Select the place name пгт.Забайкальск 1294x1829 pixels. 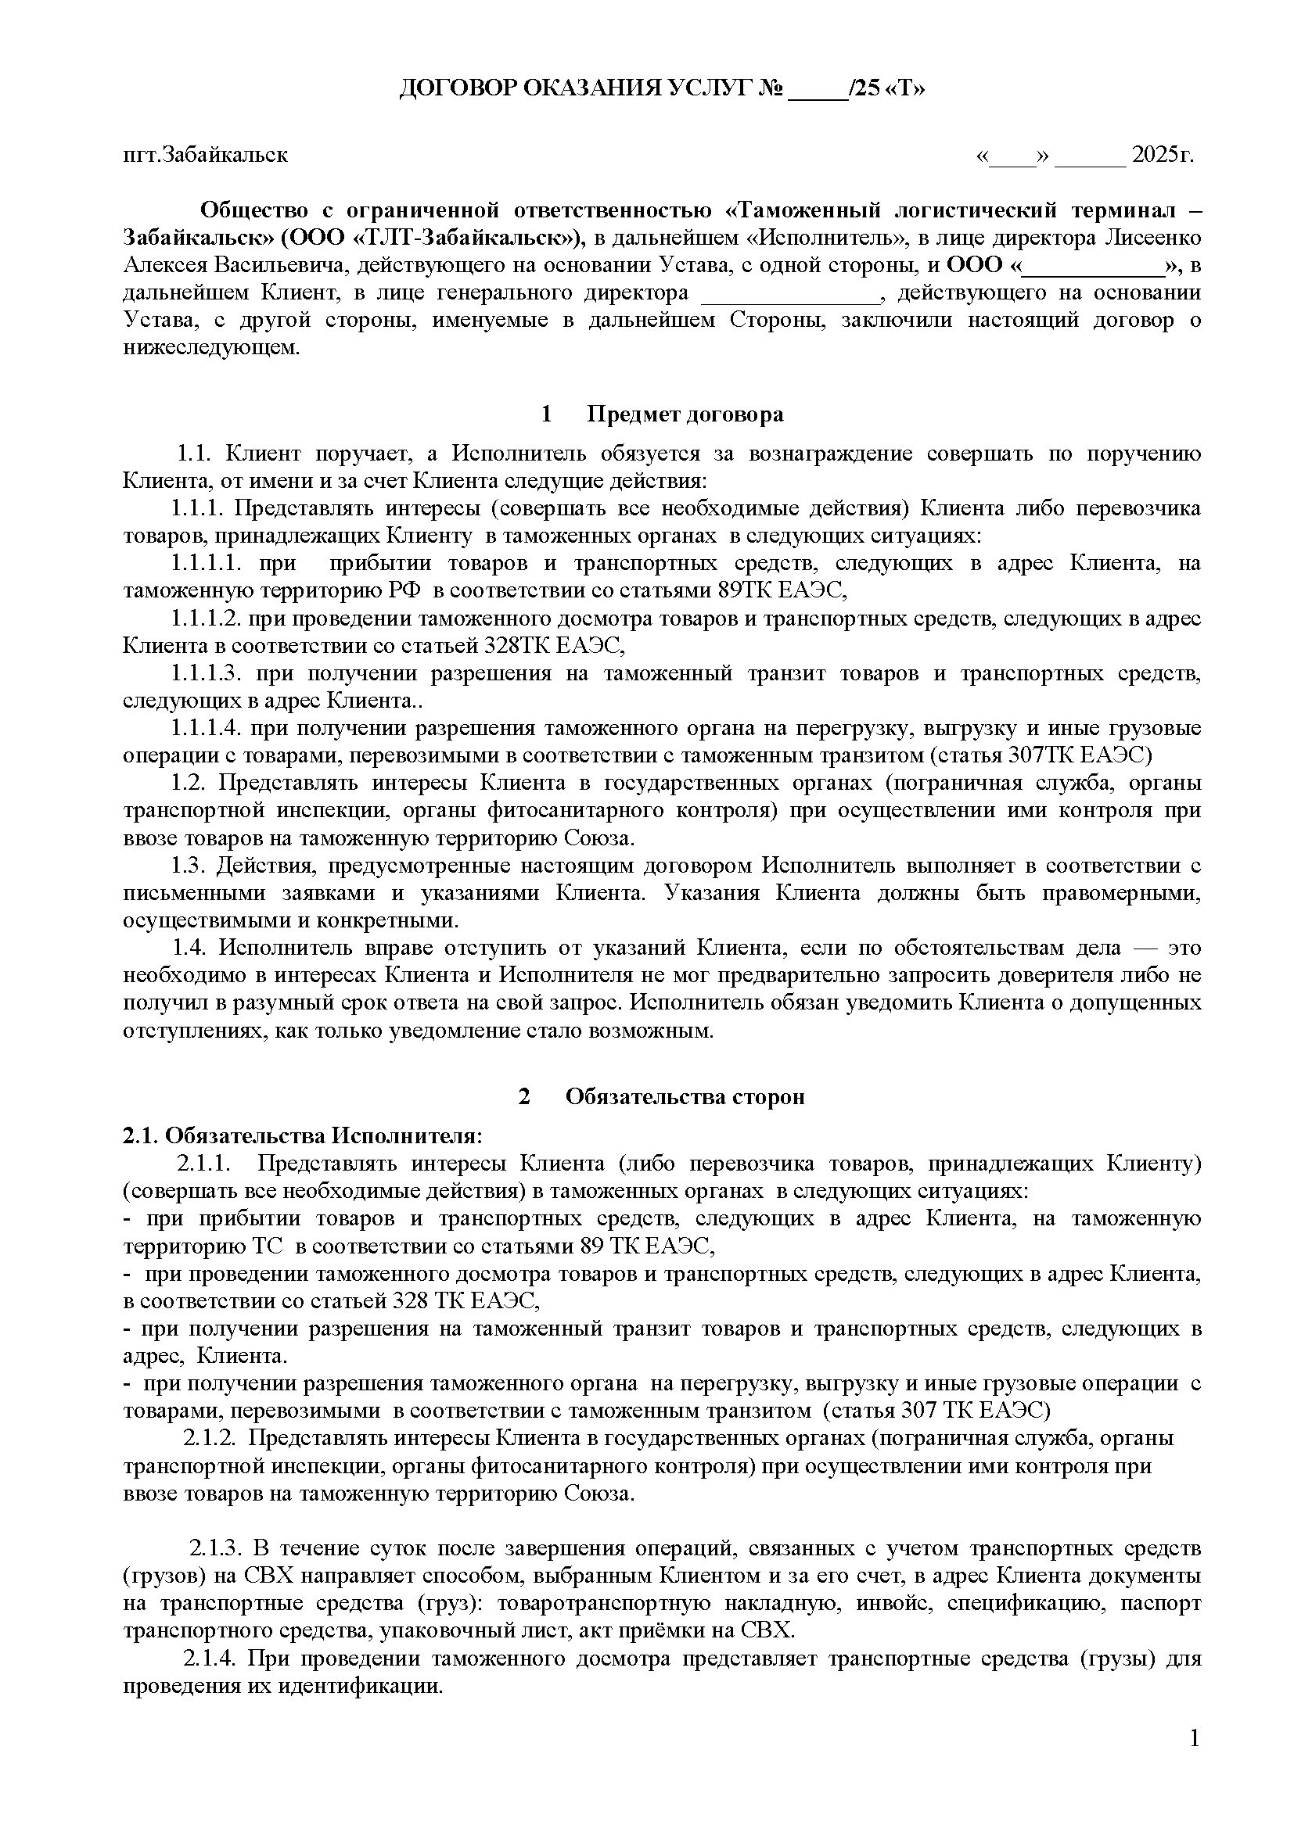[x=205, y=155]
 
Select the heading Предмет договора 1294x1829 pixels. [x=685, y=414]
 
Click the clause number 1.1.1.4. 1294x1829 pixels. [x=206, y=728]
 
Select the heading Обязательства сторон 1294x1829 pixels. [x=685, y=1097]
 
